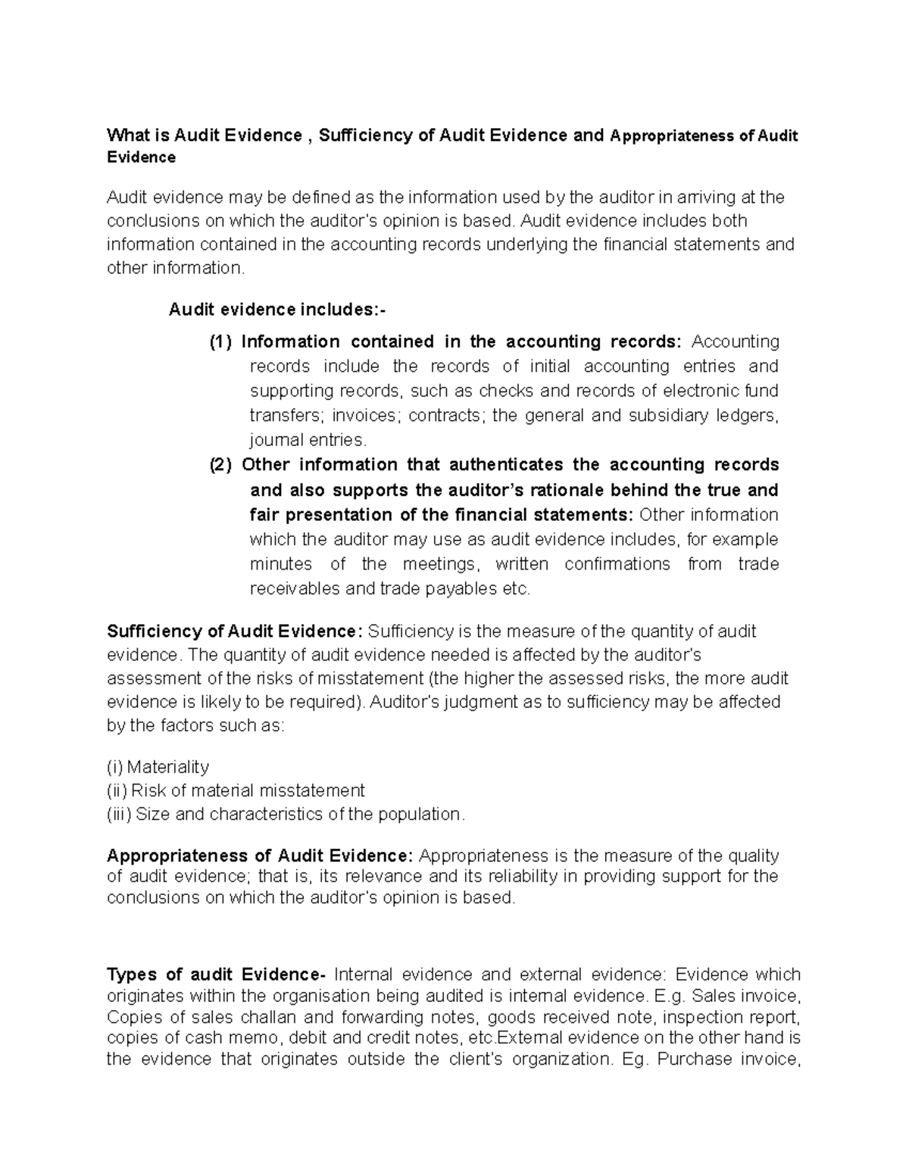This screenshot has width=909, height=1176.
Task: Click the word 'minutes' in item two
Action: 280,564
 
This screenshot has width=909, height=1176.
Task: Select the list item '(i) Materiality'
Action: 158,767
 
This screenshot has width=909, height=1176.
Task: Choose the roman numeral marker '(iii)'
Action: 119,815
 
